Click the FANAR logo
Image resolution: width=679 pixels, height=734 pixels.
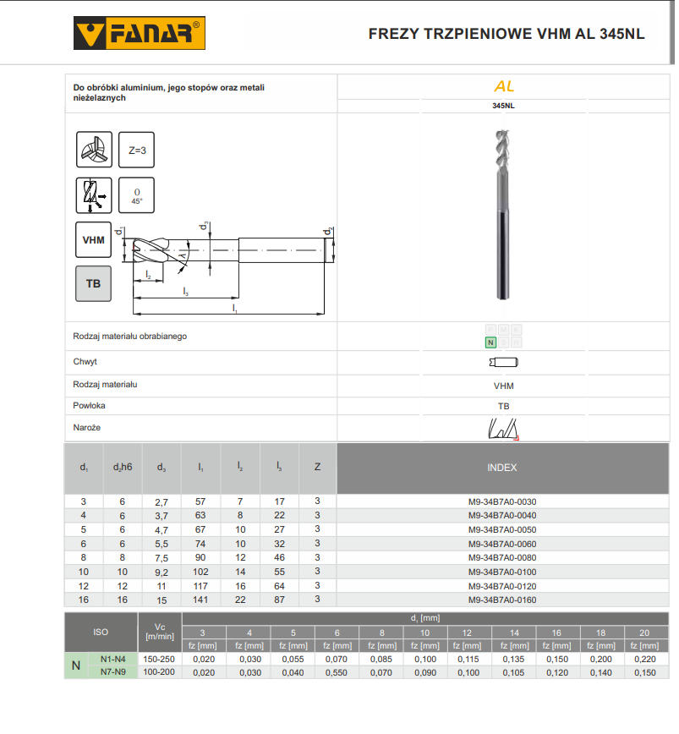click(x=140, y=33)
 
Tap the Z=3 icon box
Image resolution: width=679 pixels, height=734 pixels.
click(x=136, y=150)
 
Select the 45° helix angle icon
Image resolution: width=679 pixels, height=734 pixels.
click(x=136, y=195)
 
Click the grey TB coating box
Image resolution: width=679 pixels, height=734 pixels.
click(x=93, y=283)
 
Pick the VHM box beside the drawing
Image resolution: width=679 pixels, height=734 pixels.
click(x=93, y=239)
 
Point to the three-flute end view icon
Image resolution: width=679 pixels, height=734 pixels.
click(x=94, y=150)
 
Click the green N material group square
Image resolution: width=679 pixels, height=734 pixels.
click(x=490, y=342)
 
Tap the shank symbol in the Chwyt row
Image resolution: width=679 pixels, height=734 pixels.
click(x=503, y=362)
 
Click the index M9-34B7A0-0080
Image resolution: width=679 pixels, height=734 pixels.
click(x=502, y=557)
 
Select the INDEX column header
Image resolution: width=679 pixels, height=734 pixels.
click(x=502, y=468)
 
